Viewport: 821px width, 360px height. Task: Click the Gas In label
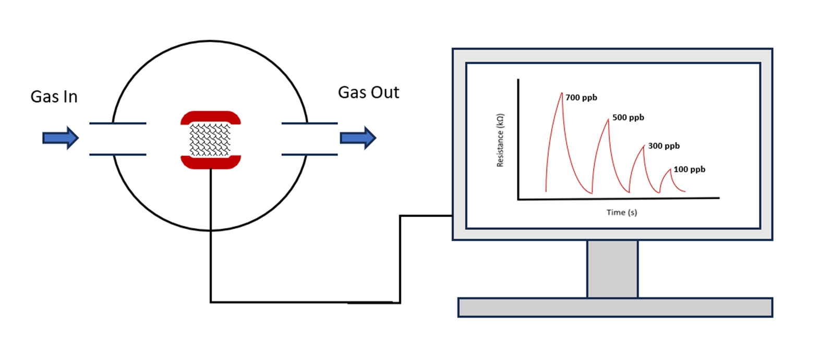point(54,97)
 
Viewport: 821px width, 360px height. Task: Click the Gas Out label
point(368,93)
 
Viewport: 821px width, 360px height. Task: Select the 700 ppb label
point(581,98)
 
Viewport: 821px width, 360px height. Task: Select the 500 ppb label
point(628,117)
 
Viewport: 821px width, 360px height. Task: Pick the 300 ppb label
point(663,146)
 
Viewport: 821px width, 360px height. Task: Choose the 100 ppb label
point(689,170)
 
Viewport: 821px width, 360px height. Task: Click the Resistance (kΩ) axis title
point(500,140)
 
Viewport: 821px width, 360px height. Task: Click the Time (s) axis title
point(621,212)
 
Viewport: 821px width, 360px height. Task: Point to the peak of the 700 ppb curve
point(562,94)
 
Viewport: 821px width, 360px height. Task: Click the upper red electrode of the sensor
point(211,117)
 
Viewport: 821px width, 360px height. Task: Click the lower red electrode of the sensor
point(211,162)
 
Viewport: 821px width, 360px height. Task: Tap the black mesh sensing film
point(210,140)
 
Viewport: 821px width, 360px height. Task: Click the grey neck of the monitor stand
point(612,269)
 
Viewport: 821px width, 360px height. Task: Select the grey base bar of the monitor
point(615,307)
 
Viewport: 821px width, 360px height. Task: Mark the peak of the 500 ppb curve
point(608,120)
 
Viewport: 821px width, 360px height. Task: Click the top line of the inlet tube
point(118,124)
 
